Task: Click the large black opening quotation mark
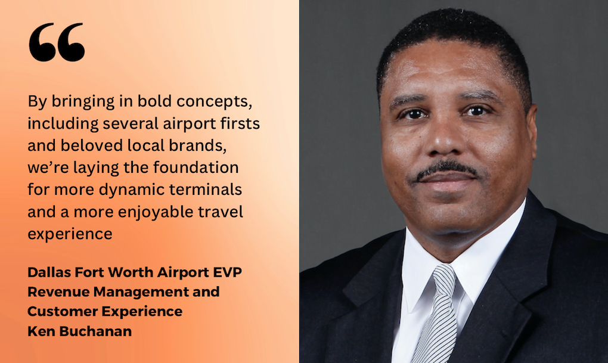57,42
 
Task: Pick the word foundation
196,167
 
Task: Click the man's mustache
446,169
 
